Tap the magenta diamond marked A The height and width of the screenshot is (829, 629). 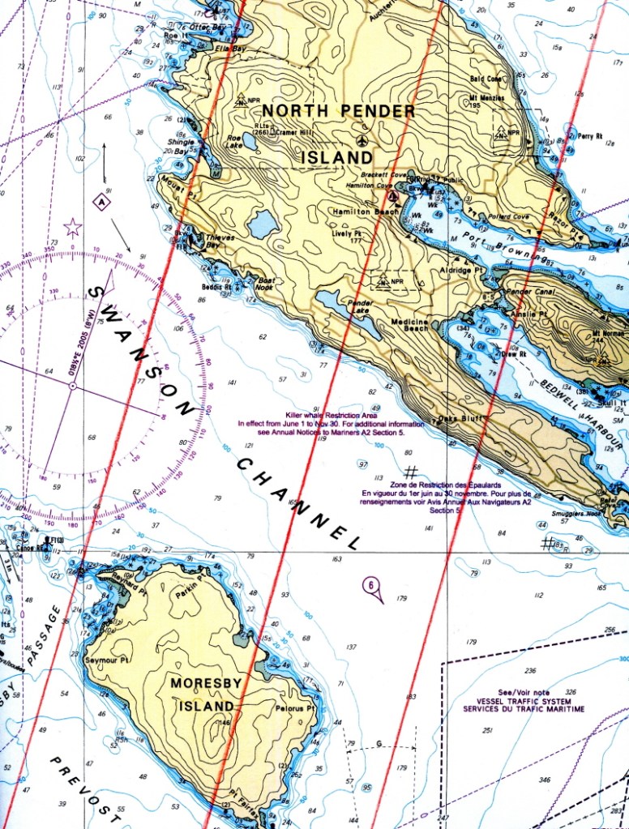coord(101,203)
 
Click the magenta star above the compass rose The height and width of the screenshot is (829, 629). coord(73,227)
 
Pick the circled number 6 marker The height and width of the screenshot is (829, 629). coord(370,585)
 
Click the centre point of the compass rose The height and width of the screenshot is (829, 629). coord(72,387)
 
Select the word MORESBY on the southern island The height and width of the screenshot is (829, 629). coord(206,683)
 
